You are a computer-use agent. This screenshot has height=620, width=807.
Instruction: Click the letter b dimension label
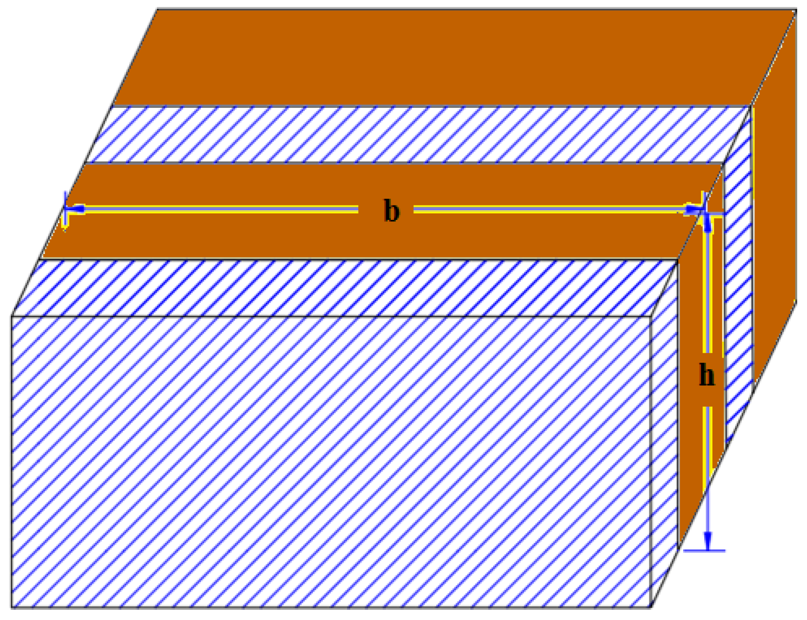coord(391,211)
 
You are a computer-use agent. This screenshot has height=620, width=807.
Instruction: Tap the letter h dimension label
coord(707,375)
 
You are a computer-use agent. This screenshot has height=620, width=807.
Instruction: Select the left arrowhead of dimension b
coord(75,209)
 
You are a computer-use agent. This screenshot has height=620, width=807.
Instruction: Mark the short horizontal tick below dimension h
coord(705,551)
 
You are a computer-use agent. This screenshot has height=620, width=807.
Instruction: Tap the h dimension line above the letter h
coord(708,289)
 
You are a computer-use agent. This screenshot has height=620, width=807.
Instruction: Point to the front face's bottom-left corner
coord(12,607)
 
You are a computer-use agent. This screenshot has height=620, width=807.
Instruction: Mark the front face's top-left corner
coord(12,317)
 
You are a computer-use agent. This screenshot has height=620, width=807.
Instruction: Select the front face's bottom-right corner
coord(651,607)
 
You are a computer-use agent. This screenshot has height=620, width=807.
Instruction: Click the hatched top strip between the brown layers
coord(416,134)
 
